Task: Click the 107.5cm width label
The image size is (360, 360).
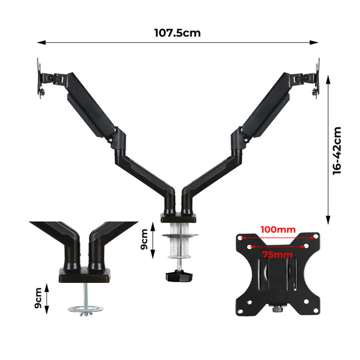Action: point(177,32)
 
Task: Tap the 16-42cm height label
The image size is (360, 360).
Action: point(337,151)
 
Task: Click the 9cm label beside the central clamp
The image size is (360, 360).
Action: point(144,239)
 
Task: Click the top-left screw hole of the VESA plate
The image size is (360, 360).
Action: point(241,237)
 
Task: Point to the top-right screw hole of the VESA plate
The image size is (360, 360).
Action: point(316,237)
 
